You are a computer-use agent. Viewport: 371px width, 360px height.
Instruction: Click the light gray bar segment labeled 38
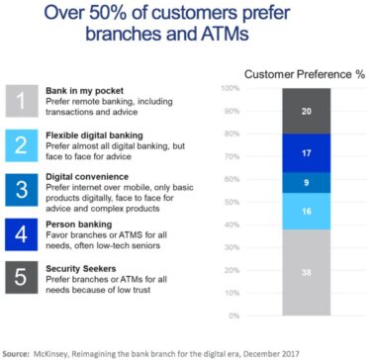[x=306, y=273]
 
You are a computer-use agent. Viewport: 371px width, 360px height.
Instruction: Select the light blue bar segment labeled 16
[x=306, y=211]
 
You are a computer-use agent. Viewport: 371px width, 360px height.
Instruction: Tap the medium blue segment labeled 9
[x=306, y=182]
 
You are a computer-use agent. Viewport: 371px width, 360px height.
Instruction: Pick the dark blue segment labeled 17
[x=306, y=153]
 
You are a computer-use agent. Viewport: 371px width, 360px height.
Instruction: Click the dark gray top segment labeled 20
[x=306, y=111]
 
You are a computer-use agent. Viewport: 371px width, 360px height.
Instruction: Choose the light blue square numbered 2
[x=21, y=147]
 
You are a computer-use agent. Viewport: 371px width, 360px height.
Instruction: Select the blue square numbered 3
[x=21, y=188]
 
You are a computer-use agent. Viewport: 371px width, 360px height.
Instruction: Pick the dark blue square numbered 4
[x=21, y=234]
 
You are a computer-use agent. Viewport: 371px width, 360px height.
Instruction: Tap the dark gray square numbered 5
[x=21, y=277]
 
